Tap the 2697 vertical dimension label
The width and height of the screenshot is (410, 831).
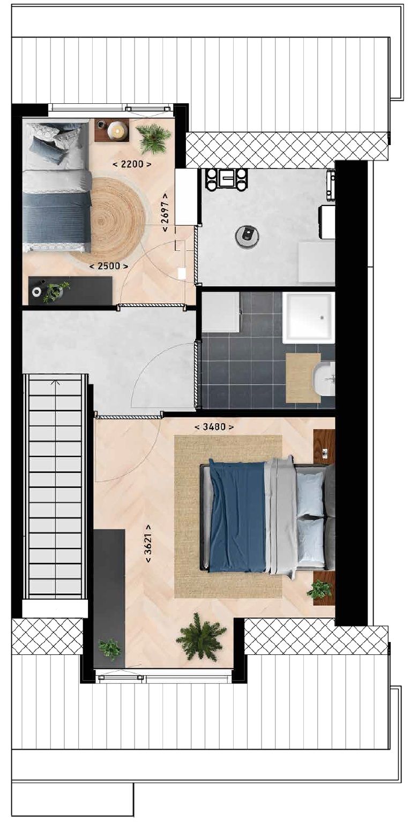(x=165, y=212)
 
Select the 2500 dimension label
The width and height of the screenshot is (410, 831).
(x=109, y=266)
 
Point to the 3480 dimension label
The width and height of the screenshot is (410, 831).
(x=214, y=426)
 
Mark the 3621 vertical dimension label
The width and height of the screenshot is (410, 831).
(x=148, y=543)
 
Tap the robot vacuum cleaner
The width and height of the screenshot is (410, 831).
(x=248, y=236)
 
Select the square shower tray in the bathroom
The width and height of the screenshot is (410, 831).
(x=309, y=317)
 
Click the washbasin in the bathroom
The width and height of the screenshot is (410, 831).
(x=325, y=379)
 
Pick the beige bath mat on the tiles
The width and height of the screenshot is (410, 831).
(x=303, y=377)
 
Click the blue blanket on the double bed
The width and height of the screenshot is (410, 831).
(x=237, y=516)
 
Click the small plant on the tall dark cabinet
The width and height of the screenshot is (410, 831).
(x=110, y=649)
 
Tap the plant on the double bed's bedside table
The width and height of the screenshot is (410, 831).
(x=319, y=590)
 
